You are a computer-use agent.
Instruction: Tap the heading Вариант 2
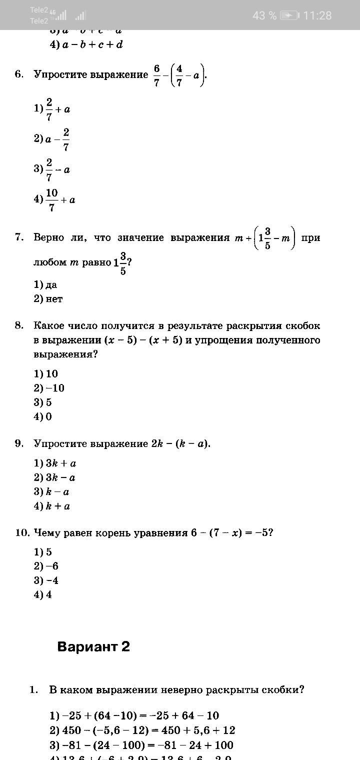(93, 646)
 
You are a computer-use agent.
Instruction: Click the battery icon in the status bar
(289, 15)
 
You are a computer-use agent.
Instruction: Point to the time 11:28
(317, 15)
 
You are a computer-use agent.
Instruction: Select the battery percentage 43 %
(264, 15)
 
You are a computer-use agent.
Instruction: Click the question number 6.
(19, 74)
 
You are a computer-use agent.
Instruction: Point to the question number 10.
(21, 532)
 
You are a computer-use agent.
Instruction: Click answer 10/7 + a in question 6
(54, 200)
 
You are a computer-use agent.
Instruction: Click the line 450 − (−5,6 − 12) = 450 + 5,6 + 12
(142, 730)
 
